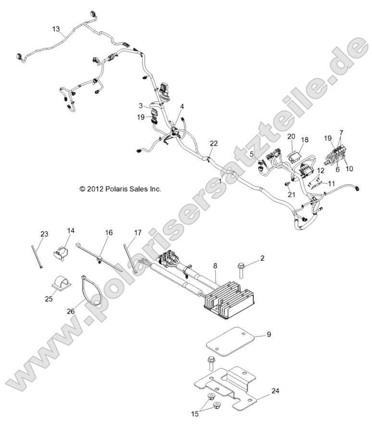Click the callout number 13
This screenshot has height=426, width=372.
coord(56,29)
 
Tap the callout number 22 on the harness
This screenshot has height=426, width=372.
coord(214,143)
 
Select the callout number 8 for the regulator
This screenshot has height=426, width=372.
coord(215,265)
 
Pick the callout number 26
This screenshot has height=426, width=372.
coord(72,311)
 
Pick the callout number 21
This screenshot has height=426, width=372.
coord(291,194)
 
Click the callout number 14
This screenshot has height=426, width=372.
coord(71,231)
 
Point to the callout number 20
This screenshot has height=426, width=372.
coord(291,136)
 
